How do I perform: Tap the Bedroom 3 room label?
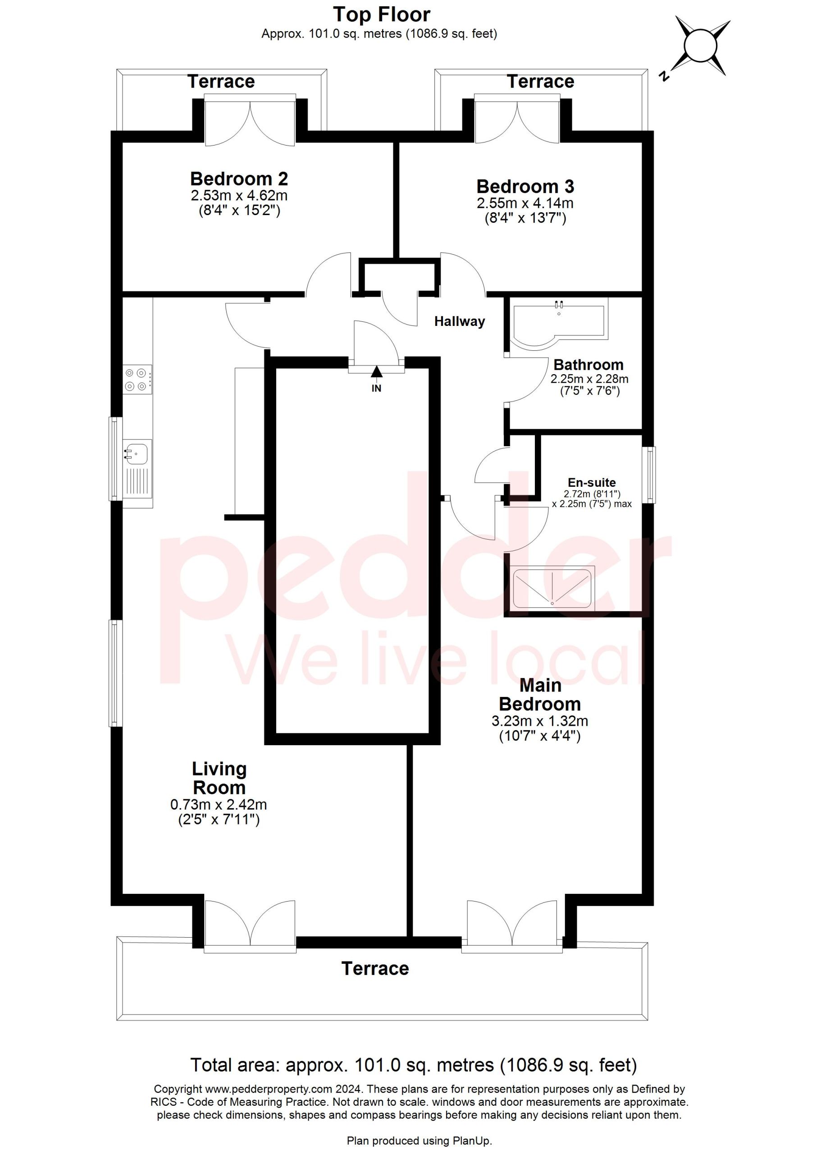(x=525, y=187)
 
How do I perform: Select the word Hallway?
(x=460, y=321)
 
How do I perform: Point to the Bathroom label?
(x=588, y=365)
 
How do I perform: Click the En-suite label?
(x=592, y=482)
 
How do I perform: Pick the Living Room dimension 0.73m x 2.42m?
(x=219, y=805)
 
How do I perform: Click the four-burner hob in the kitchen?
(x=138, y=380)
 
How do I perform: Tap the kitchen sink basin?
(x=136, y=452)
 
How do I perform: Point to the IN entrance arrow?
(x=376, y=379)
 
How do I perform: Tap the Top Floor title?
(x=382, y=14)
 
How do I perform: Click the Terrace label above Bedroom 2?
(x=221, y=82)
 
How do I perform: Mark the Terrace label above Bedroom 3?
(x=541, y=82)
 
